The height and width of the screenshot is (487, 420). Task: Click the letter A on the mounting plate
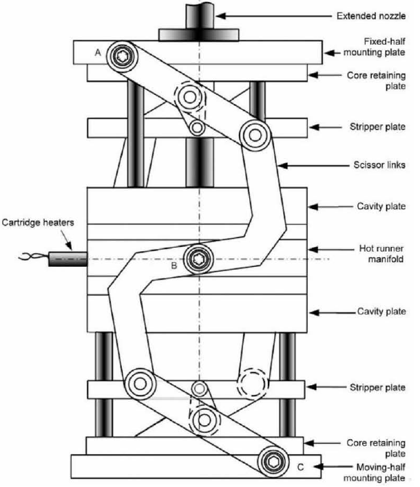(x=98, y=52)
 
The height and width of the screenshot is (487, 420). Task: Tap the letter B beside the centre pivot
(x=174, y=266)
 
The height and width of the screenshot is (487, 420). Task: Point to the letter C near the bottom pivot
(x=300, y=467)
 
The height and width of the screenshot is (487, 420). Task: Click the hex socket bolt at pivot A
(x=122, y=56)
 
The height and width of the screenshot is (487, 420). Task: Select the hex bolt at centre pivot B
(x=198, y=259)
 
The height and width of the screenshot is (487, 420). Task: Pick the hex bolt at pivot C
(x=273, y=462)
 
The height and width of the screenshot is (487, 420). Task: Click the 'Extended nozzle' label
(x=371, y=16)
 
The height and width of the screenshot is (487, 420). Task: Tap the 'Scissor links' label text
(x=379, y=164)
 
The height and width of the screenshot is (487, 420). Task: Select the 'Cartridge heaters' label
(x=38, y=222)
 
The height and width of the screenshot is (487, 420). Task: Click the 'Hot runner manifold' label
(x=381, y=253)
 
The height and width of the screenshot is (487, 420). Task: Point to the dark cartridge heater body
(x=67, y=259)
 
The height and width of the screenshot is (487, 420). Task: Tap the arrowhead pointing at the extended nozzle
(x=221, y=16)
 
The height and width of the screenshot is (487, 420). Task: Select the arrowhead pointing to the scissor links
(x=283, y=166)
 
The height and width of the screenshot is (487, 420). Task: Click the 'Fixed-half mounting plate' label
(x=375, y=47)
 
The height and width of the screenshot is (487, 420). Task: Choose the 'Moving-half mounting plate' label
(x=375, y=473)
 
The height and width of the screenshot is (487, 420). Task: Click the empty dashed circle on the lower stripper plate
(x=253, y=384)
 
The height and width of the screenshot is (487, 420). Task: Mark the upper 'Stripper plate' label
(x=377, y=127)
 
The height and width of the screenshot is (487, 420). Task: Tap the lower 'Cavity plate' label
(x=381, y=312)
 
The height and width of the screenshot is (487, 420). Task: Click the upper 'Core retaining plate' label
(x=376, y=80)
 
